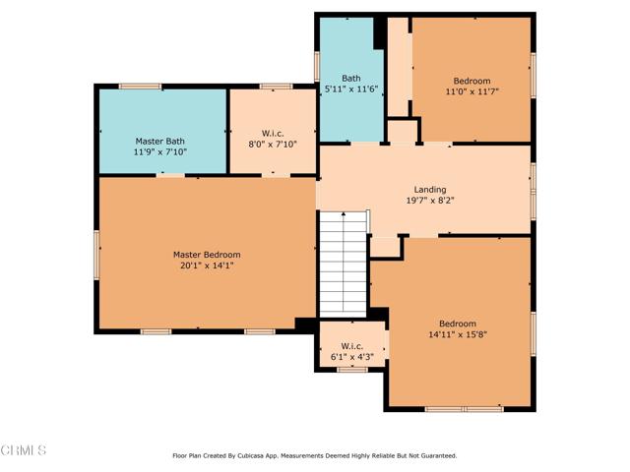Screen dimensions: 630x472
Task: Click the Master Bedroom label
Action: pyautogui.click(x=207, y=255)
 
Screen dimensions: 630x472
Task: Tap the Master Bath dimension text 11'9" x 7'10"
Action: pyautogui.click(x=160, y=152)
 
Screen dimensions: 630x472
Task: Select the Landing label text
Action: pyautogui.click(x=430, y=190)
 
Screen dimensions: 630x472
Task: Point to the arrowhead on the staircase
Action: pyautogui.click(x=344, y=214)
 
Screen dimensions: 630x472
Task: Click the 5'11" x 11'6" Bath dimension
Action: pyautogui.click(x=351, y=89)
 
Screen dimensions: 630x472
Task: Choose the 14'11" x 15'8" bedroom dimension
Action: pyautogui.click(x=458, y=334)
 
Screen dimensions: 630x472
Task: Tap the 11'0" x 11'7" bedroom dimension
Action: pyautogui.click(x=472, y=91)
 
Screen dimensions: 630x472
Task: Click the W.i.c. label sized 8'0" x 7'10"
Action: pyautogui.click(x=273, y=134)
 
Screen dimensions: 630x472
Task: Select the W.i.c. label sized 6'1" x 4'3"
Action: pyautogui.click(x=352, y=346)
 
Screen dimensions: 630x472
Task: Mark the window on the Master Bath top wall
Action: pyautogui.click(x=140, y=87)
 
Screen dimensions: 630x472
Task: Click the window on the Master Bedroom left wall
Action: pyautogui.click(x=96, y=255)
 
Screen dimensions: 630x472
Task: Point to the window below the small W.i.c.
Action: pyautogui.click(x=352, y=370)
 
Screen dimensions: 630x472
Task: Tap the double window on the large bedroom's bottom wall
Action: pyautogui.click(x=465, y=409)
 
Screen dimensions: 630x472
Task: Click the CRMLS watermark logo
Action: pyautogui.click(x=24, y=450)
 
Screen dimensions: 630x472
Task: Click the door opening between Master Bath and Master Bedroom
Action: pyautogui.click(x=170, y=175)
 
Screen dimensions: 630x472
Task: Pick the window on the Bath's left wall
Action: pyautogui.click(x=317, y=67)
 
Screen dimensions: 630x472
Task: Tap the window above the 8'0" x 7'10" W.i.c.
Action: pyautogui.click(x=276, y=87)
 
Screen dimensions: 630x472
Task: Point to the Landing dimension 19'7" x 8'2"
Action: pyautogui.click(x=430, y=201)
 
